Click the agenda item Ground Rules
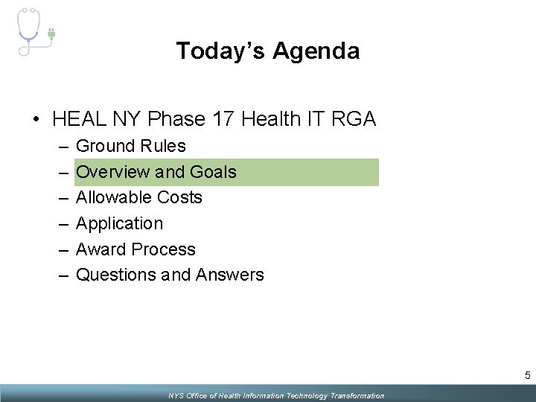click(131, 146)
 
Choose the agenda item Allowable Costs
click(139, 197)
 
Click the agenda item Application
click(119, 223)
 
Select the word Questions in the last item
click(115, 275)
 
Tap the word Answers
click(229, 275)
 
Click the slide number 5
click(526, 374)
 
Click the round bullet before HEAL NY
click(36, 119)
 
